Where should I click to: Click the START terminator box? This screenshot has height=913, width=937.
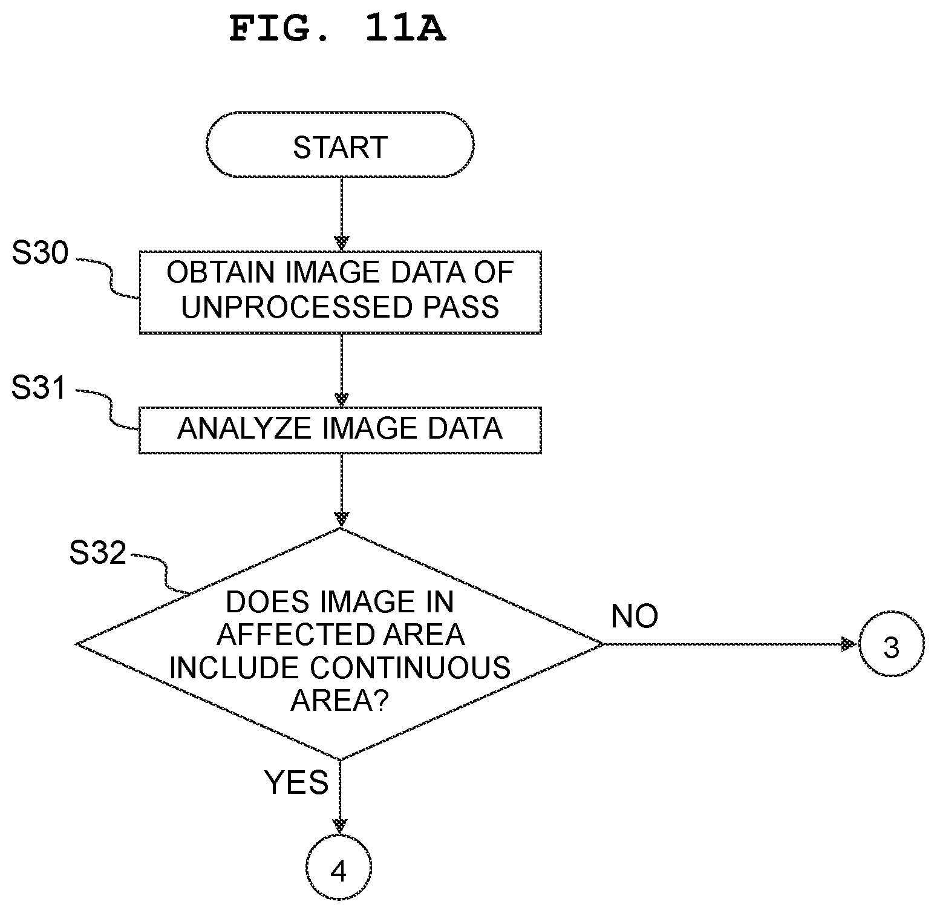[x=340, y=145]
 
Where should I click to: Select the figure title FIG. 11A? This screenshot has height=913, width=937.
[x=338, y=28]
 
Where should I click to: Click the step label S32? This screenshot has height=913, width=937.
[x=98, y=552]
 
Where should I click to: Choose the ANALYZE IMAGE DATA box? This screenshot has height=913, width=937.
[x=340, y=430]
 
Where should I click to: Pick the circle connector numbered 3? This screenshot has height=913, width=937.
[x=891, y=644]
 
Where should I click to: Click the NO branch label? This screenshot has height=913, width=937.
[x=635, y=616]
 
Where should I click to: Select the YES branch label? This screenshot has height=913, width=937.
[x=296, y=782]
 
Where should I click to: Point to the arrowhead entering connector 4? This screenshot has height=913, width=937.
[x=341, y=826]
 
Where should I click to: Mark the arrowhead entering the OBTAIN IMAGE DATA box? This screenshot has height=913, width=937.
[x=342, y=243]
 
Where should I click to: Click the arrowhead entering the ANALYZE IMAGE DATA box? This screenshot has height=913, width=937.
[x=342, y=399]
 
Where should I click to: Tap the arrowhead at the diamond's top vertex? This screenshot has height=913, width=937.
[x=342, y=519]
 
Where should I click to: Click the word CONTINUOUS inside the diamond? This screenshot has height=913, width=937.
[x=411, y=668]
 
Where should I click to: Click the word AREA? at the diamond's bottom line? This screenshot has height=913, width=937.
[x=339, y=701]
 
